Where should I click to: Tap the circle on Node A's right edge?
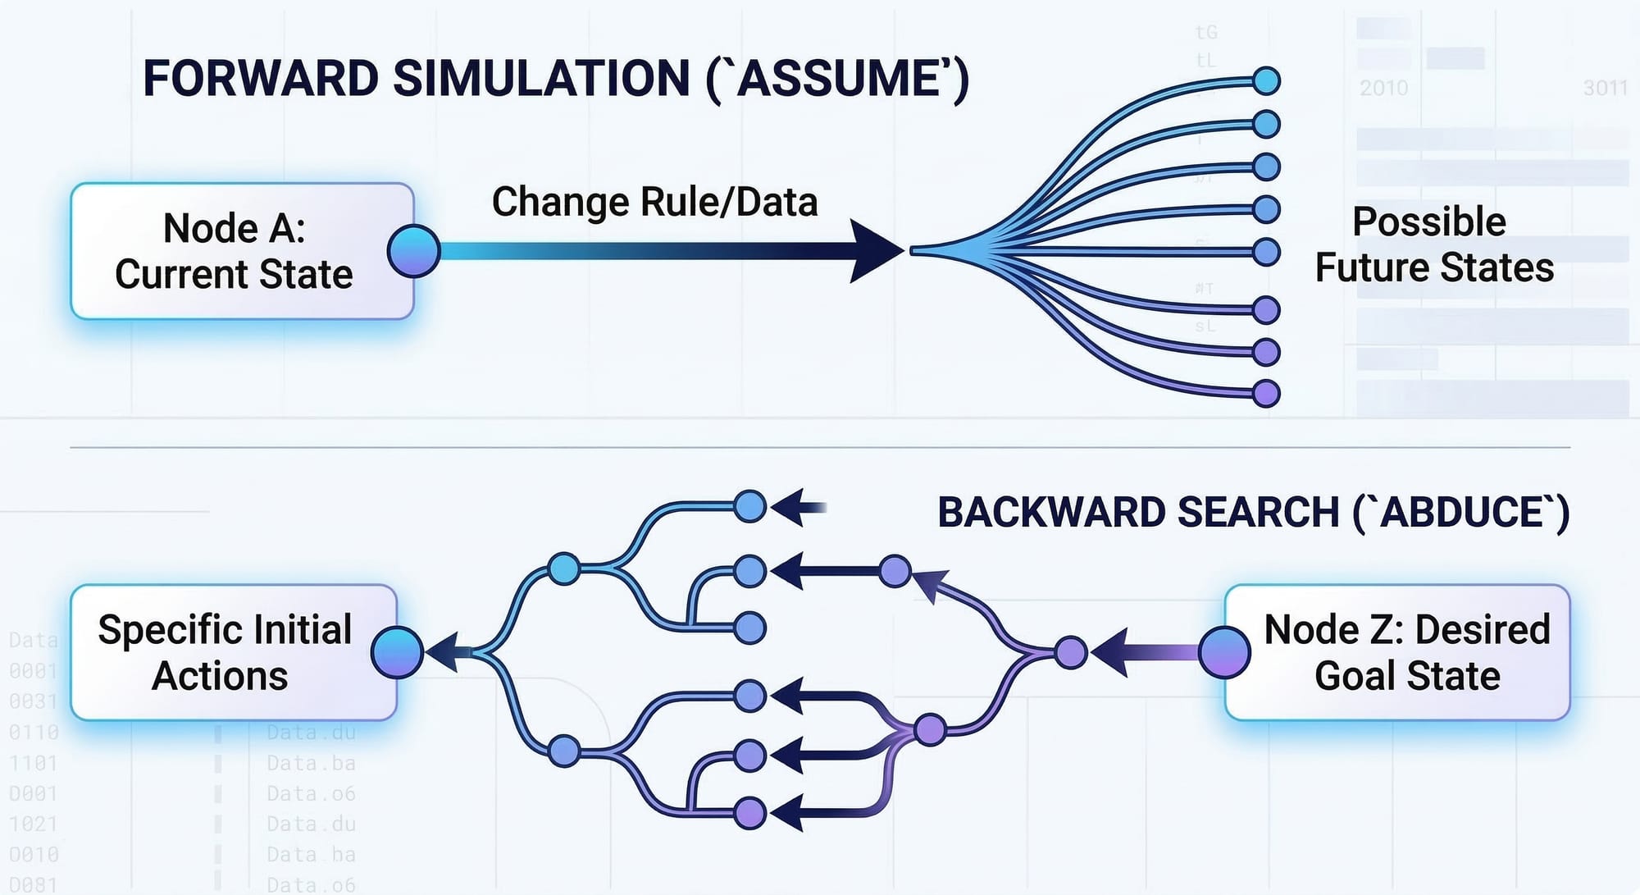[x=414, y=251]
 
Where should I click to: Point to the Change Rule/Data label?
[x=654, y=202]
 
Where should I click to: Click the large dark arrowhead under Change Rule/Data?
[x=875, y=251]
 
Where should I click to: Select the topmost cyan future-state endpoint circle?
[x=1267, y=81]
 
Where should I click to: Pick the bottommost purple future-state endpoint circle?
[x=1267, y=394]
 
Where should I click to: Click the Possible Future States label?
[x=1433, y=244]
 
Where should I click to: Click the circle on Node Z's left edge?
[x=1224, y=653]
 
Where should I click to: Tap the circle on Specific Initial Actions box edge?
[x=397, y=653]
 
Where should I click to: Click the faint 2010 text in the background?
[x=1383, y=88]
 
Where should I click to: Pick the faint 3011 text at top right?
[x=1605, y=88]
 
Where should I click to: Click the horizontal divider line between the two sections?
[x=820, y=448]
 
